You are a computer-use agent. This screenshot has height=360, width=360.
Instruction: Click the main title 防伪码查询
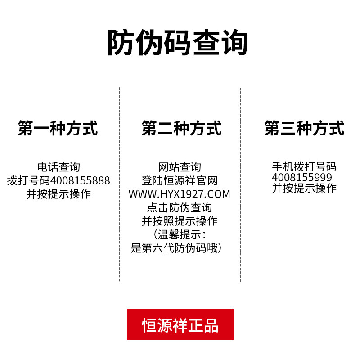(x=178, y=43)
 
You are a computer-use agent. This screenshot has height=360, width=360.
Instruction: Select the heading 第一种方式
(x=58, y=128)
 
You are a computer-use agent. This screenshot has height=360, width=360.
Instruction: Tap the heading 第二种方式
(x=181, y=128)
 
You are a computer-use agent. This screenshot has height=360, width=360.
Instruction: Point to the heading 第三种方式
(x=304, y=128)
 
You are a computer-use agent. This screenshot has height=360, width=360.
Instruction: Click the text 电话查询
(x=58, y=167)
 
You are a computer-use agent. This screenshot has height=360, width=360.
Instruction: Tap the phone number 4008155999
(x=302, y=178)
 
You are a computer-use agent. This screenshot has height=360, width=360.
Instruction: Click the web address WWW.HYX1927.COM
(x=179, y=194)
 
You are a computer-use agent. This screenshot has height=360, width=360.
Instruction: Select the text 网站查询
(x=180, y=167)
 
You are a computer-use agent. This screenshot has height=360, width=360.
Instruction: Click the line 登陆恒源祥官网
(x=180, y=181)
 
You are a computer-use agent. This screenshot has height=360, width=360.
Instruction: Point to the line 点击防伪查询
(x=180, y=208)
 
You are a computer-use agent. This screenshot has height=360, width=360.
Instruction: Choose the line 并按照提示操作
(x=180, y=221)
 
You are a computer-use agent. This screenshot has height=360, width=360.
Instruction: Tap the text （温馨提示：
(x=180, y=235)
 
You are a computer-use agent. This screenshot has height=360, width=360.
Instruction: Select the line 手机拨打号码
(x=304, y=167)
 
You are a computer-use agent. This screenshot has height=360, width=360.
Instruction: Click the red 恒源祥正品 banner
(x=180, y=324)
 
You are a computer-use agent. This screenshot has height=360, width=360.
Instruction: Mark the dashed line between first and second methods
(x=119, y=184)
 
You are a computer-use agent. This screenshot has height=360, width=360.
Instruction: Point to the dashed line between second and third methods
(x=240, y=184)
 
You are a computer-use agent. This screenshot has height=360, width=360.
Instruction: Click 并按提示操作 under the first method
(x=58, y=194)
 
